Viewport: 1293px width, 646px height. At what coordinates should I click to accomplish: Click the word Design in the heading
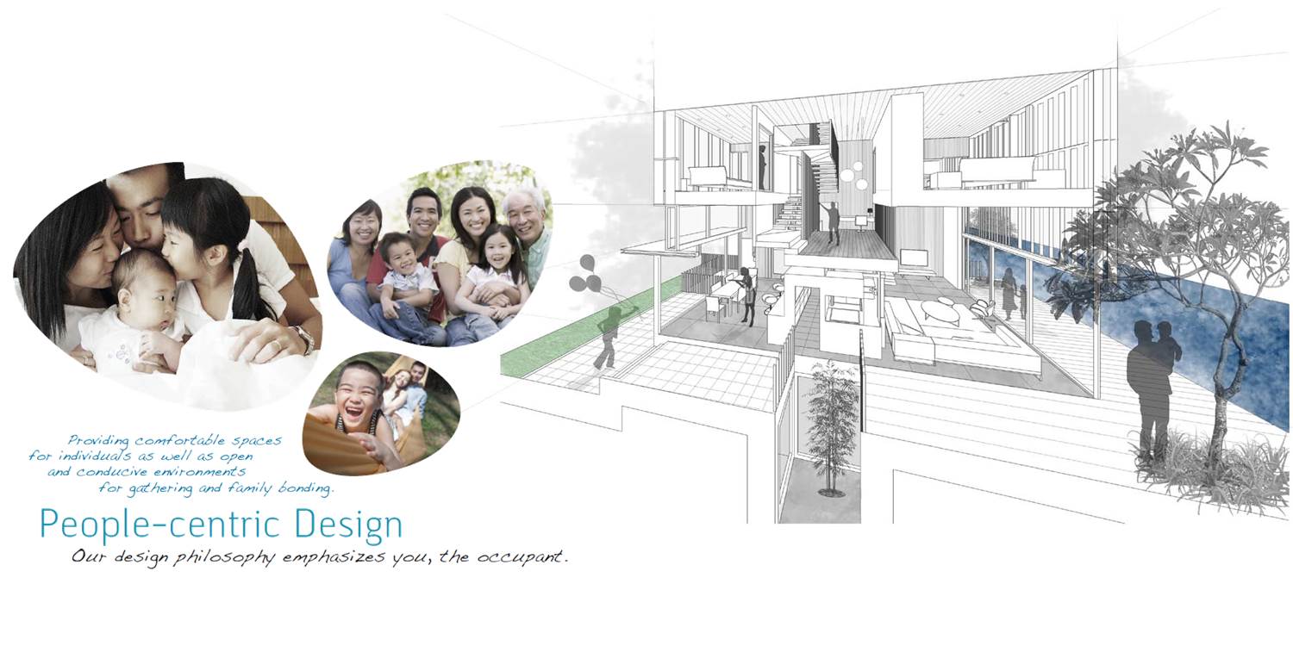point(348,525)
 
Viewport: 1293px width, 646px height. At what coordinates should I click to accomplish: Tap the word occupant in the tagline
point(520,557)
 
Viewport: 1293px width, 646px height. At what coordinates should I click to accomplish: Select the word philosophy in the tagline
point(224,558)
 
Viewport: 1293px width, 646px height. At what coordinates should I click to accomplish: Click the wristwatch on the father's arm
point(305,339)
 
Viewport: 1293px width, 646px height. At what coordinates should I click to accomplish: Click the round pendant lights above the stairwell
point(853,176)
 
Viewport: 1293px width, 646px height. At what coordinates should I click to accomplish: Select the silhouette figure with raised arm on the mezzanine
point(832,222)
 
